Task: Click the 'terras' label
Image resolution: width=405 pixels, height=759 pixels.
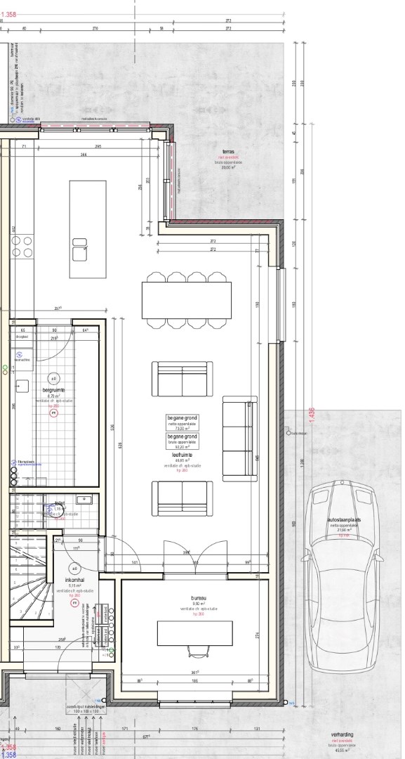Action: coord(227,152)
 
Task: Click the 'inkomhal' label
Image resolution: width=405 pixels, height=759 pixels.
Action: coord(74,580)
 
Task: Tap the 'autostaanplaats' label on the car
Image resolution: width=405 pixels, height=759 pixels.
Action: coord(344,521)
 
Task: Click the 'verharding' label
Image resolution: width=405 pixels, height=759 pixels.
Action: coord(343,735)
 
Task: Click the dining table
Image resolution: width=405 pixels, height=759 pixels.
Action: coord(187,300)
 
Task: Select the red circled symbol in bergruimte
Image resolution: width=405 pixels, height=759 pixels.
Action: coord(53,414)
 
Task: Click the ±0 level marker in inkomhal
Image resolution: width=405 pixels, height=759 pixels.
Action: coord(74,569)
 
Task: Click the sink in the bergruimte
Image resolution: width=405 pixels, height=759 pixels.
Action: coord(22,385)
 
